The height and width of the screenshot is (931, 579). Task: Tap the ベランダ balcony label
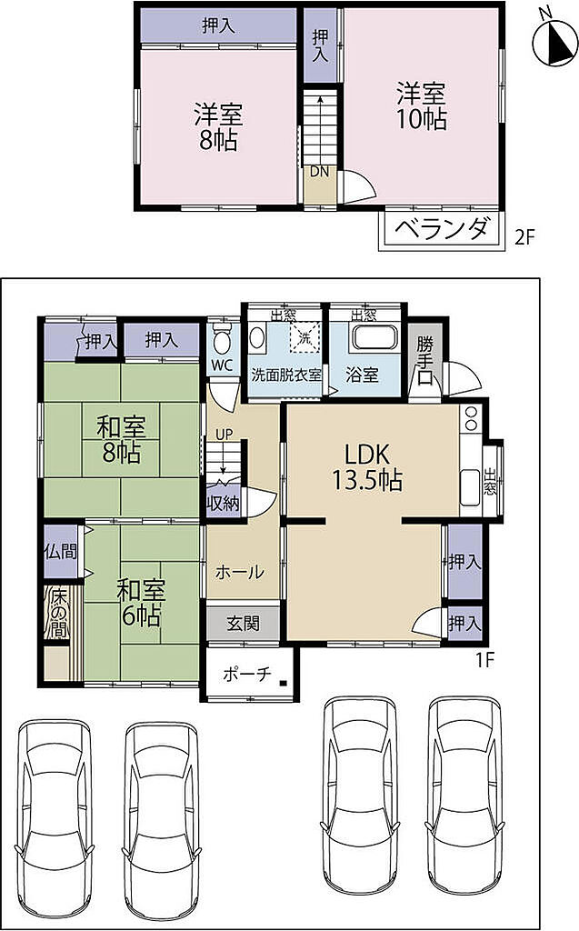[x=443, y=229]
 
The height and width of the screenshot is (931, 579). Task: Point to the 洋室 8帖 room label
[x=218, y=126]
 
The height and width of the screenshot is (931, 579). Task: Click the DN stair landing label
[x=319, y=172]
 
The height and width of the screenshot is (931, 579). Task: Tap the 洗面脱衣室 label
[x=286, y=375]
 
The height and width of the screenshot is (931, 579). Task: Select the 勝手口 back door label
[x=424, y=361]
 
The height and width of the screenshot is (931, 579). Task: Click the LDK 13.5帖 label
[x=367, y=467]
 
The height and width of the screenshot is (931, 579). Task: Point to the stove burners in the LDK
[x=471, y=417]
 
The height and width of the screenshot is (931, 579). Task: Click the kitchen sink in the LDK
[x=470, y=486]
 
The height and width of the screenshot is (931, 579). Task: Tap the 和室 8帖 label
[x=121, y=439]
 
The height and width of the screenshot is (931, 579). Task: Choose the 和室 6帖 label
[x=141, y=603]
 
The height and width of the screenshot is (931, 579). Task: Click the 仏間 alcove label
[x=61, y=552]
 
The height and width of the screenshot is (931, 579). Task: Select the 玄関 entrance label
[x=243, y=624]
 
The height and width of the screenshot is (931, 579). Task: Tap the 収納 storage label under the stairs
[x=224, y=504]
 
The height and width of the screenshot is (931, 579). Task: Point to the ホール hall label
[x=239, y=573]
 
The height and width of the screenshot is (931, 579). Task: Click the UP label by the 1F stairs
[x=224, y=435]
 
